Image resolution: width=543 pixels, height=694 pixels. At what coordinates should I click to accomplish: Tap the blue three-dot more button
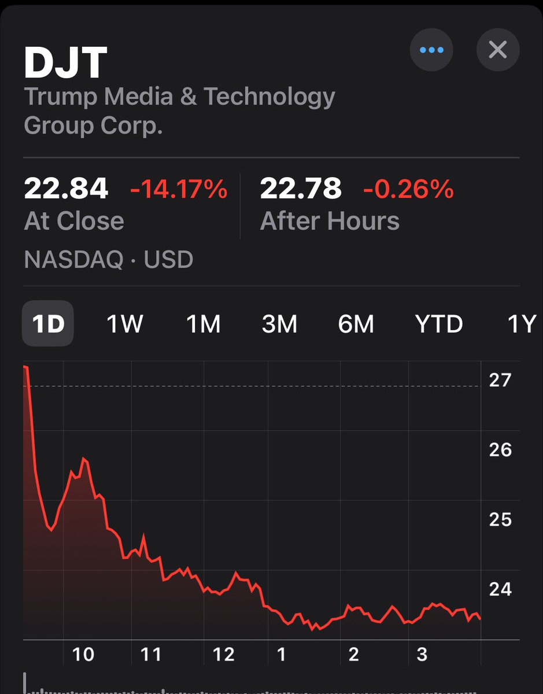coord(431,50)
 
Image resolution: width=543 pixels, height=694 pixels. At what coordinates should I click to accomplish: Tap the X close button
coord(497,50)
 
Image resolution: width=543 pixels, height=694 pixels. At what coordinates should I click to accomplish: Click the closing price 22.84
coord(66,189)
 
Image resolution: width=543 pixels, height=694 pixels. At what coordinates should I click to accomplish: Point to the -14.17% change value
coord(179,189)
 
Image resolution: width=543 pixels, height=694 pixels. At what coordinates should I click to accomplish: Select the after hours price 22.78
coord(301,189)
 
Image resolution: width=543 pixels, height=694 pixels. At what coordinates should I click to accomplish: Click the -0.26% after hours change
coord(408,189)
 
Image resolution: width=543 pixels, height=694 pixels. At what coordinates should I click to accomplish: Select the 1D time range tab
coord(48,324)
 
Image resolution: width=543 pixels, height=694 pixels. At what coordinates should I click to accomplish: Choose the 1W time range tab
coord(124,324)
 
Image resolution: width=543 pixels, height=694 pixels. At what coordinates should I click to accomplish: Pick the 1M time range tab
coord(203,324)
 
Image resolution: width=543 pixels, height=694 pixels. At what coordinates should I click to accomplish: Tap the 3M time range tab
coord(279,324)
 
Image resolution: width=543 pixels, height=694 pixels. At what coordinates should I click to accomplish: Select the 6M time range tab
coord(356,324)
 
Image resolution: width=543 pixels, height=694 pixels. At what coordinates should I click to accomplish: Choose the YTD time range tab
coord(439,324)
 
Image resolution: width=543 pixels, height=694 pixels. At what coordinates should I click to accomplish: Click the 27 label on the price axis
coord(500,380)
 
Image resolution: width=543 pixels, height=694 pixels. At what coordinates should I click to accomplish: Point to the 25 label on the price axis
coord(500,519)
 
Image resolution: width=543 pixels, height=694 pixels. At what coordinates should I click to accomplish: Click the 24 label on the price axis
coord(500,589)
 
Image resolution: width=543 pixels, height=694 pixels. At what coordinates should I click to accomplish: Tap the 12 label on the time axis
coord(223,654)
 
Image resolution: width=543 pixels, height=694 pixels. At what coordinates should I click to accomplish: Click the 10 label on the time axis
coord(83,654)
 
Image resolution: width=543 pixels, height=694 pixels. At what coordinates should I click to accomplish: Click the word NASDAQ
coord(73,260)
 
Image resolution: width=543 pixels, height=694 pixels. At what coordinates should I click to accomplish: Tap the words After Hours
coord(330,222)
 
